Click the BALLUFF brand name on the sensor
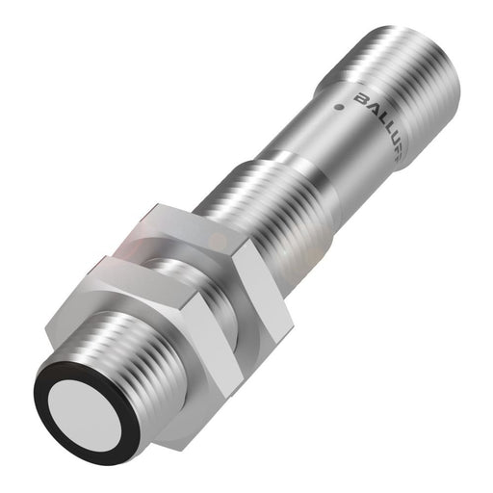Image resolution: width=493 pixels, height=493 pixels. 384,116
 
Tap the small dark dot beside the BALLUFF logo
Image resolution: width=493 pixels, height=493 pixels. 339,101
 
